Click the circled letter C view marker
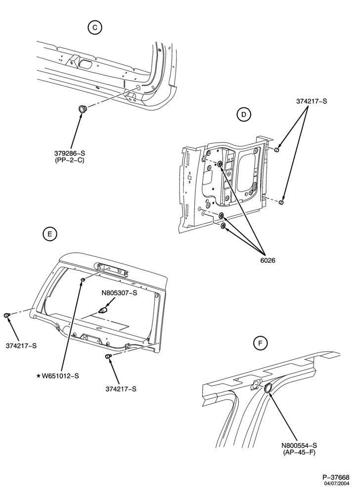(95, 28)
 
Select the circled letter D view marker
(243, 114)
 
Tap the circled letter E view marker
(49, 234)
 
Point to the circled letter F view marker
(260, 343)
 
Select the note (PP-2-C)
(70, 160)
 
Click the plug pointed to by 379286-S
(83, 109)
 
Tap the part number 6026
(268, 260)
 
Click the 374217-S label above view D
(312, 101)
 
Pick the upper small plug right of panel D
(277, 149)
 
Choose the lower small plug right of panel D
(282, 202)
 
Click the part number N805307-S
(119, 293)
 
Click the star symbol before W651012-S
(39, 376)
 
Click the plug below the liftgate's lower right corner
(108, 356)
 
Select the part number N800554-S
(299, 445)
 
